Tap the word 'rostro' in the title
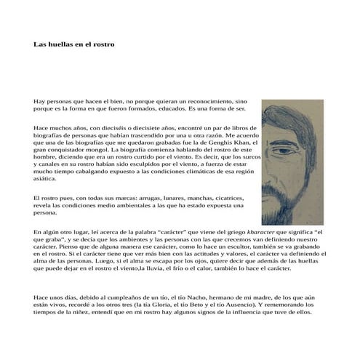coord(103,44)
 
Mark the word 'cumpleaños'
coord(118,298)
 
